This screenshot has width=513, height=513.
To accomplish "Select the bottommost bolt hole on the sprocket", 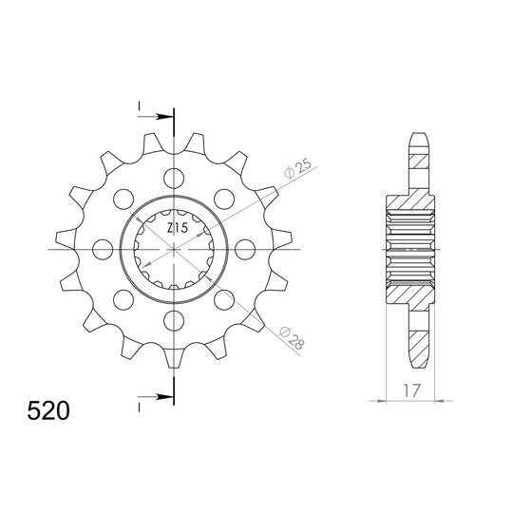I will coord(174,320).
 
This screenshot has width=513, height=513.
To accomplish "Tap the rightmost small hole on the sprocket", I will coord(245,249).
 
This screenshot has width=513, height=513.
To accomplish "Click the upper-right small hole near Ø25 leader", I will coord(224,198).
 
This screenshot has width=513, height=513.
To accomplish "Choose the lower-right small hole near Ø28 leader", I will coord(224,299).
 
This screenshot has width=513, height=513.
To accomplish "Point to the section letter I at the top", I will coord(140,104).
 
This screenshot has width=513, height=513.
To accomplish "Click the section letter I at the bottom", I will coord(140,407).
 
